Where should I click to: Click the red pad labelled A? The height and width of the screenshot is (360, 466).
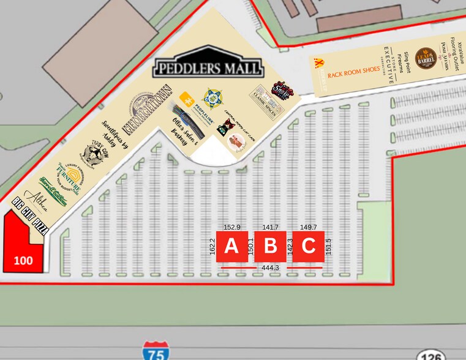pos(231,247)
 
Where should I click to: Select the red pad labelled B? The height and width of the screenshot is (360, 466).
pos(270,247)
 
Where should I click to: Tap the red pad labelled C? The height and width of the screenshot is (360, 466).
pos(308,247)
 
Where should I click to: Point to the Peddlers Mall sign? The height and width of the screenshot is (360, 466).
pos(208,66)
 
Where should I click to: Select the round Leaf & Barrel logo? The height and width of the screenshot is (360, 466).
pos(425,59)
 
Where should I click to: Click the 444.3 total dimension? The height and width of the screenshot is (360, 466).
pos(270,268)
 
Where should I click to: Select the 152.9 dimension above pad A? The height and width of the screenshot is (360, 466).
pos(231,227)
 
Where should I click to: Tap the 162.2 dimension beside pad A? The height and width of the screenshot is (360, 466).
pos(212,247)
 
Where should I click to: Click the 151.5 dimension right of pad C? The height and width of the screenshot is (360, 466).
pos(328,247)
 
